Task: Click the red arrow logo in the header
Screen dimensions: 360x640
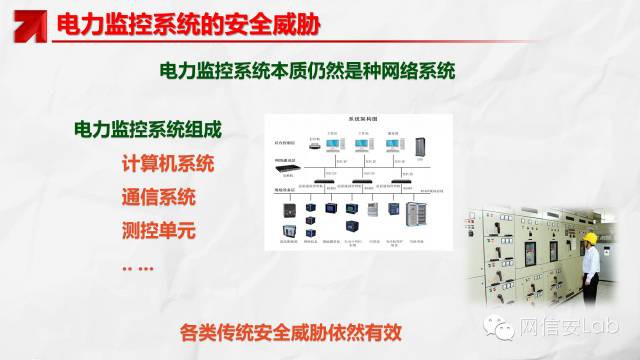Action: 22,23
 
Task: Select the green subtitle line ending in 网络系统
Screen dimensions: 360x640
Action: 307,72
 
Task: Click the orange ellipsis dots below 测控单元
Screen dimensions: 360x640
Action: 137,266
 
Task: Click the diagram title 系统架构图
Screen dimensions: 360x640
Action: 359,118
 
